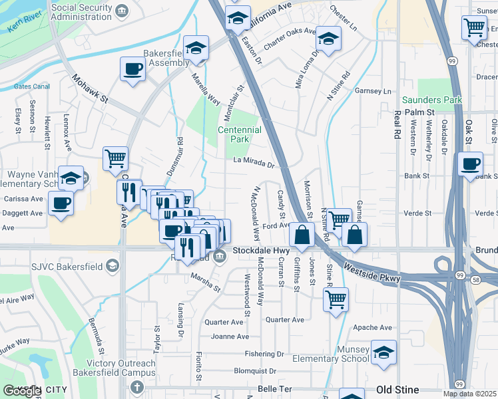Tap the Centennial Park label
(x=239, y=134)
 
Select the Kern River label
(x=25, y=25)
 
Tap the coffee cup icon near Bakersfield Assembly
(x=132, y=68)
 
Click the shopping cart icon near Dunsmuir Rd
(x=115, y=158)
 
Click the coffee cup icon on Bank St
(x=471, y=163)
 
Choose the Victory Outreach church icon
(x=136, y=386)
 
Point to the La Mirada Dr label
(x=254, y=162)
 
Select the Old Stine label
(x=397, y=389)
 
